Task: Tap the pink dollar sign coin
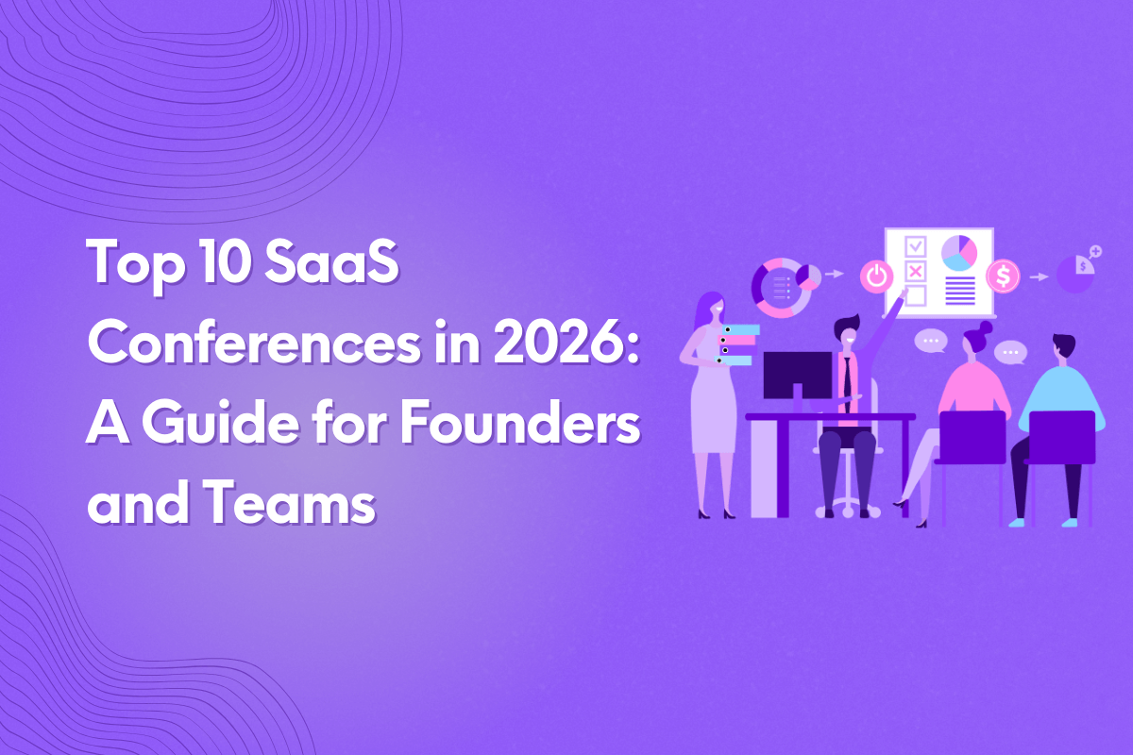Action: click(x=1002, y=277)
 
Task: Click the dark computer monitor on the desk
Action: click(x=798, y=375)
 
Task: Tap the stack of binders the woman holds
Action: click(x=738, y=344)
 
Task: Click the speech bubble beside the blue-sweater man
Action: click(x=1010, y=352)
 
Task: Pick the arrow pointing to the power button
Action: click(x=834, y=275)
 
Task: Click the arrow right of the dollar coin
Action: click(x=1039, y=277)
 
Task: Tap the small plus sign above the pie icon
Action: click(x=1095, y=252)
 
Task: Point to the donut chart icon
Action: click(x=782, y=286)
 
